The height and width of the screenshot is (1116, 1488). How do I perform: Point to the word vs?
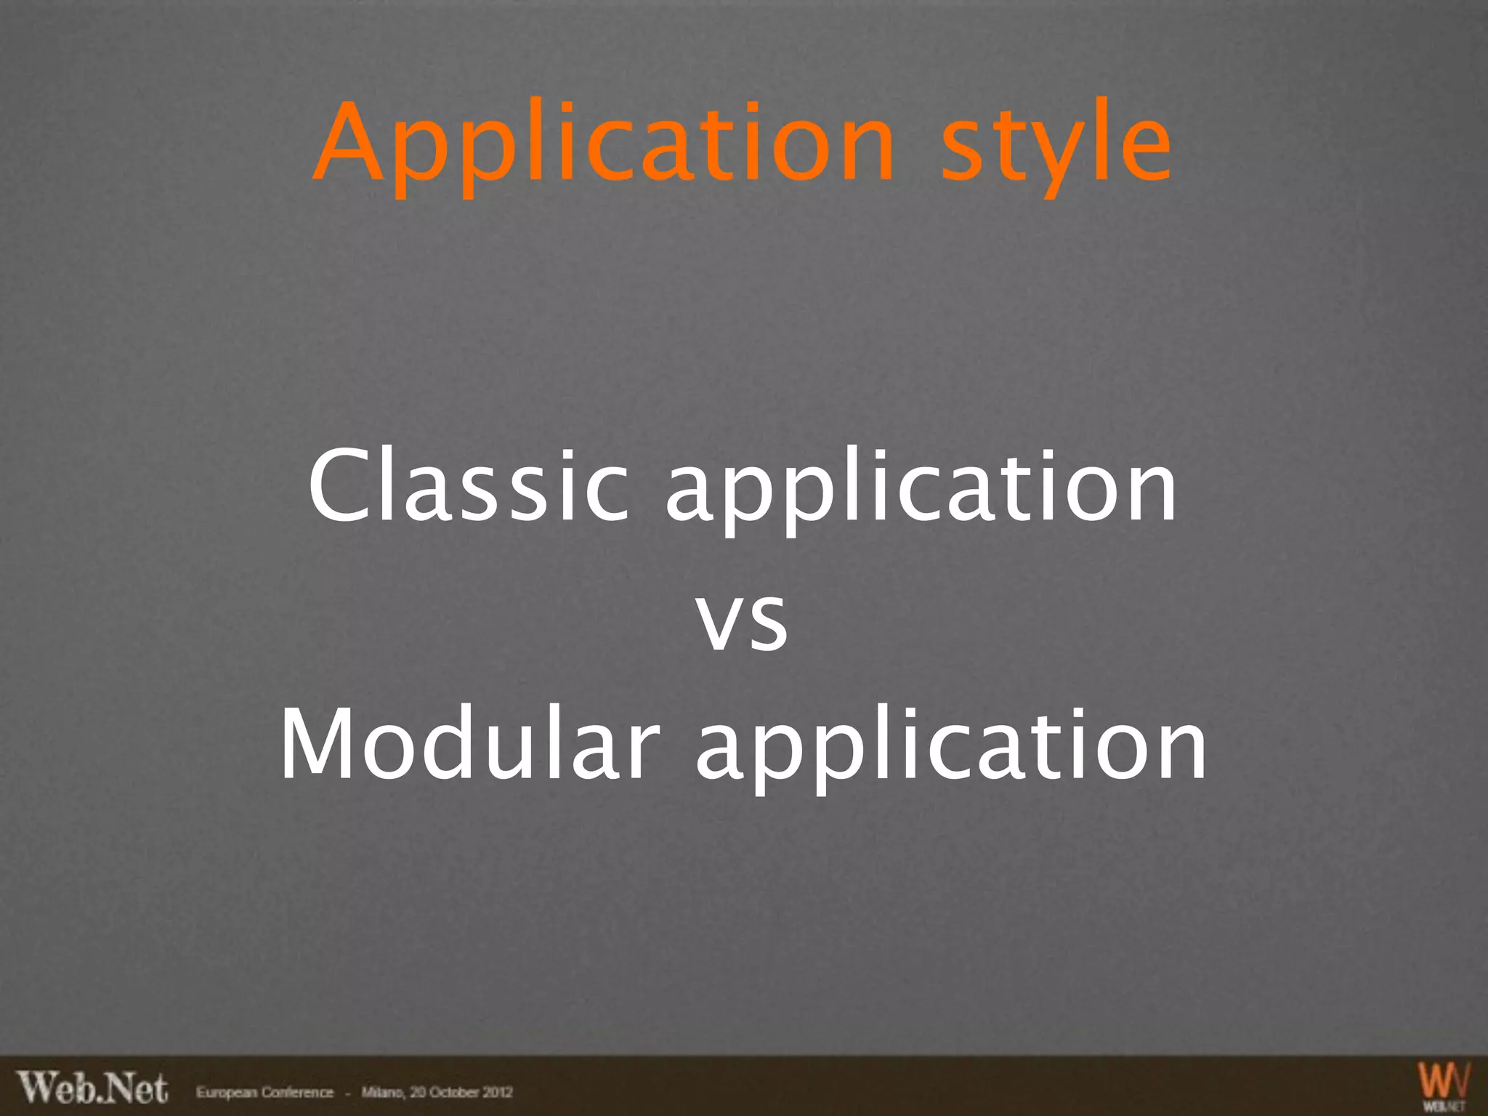pyautogui.click(x=743, y=620)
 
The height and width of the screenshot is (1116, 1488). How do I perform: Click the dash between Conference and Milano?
pyautogui.click(x=347, y=1092)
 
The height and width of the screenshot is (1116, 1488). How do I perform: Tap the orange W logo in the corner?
pyautogui.click(x=1443, y=1081)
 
